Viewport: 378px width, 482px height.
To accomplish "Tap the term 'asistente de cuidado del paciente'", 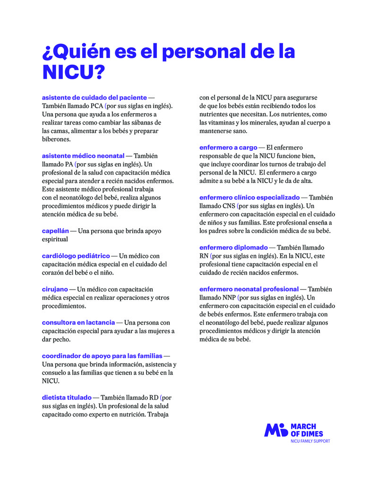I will click(94, 97).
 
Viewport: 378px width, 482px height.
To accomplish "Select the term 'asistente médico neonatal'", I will click(83, 155).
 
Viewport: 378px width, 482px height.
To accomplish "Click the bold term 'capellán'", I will click(55, 231).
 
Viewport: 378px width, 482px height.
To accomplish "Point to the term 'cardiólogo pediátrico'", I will click(76, 256).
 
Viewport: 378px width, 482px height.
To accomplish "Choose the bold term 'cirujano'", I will click(55, 289).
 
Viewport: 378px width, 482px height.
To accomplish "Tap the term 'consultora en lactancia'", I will click(78, 323).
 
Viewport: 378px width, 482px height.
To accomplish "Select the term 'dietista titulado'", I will click(67, 398).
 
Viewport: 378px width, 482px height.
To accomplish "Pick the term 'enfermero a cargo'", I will click(228, 147).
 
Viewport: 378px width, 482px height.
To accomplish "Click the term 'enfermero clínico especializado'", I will click(249, 197).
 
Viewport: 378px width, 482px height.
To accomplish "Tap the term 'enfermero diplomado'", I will click(233, 247).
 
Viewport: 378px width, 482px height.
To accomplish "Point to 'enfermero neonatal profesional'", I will click(249, 289).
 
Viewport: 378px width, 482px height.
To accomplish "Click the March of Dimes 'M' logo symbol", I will click(275, 430).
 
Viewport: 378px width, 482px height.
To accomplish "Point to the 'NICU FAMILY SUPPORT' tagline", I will click(310, 441).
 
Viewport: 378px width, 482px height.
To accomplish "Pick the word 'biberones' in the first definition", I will click(56, 139).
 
